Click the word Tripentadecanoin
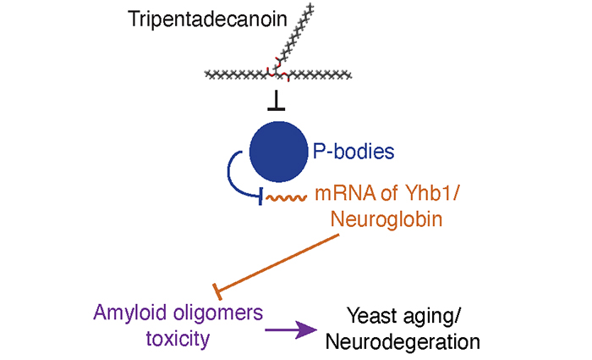(208, 19)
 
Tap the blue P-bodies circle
(278, 152)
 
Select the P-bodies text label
(354, 152)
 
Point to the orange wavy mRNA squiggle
(286, 197)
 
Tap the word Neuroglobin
(386, 219)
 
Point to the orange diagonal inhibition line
(276, 263)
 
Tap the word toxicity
(178, 339)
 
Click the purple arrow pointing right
(291, 330)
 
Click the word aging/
(431, 317)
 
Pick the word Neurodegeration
(403, 342)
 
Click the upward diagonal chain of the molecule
(295, 38)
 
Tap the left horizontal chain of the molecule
(236, 75)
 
